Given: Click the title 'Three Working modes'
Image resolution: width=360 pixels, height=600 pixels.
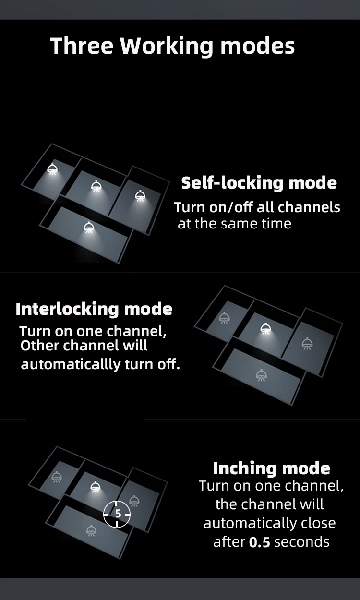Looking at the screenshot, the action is [172, 46].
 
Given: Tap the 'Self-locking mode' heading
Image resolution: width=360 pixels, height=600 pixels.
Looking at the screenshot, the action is [259, 183].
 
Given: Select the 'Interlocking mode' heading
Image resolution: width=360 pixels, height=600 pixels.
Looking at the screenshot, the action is [94, 310].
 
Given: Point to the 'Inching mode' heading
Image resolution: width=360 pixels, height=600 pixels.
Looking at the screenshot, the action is [271, 469].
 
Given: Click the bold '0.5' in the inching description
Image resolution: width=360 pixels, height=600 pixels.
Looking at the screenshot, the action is [259, 542].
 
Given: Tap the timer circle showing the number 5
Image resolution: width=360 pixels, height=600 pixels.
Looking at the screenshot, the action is [117, 514].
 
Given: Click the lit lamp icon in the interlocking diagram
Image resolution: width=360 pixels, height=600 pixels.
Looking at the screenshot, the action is [265, 328].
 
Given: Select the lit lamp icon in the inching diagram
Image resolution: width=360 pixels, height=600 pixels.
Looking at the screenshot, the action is [95, 487].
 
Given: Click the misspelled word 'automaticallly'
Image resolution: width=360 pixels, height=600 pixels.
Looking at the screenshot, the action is [71, 365].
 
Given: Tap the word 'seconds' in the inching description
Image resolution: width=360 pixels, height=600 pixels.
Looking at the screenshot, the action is [301, 542].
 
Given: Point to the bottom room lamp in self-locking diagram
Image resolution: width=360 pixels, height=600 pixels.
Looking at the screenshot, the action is [89, 227].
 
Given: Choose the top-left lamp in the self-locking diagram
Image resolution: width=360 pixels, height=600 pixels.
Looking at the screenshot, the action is [52, 169].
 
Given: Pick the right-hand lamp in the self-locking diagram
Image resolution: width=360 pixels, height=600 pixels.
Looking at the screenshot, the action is [139, 196].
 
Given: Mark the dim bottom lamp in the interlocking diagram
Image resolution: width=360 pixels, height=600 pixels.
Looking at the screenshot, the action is [261, 375].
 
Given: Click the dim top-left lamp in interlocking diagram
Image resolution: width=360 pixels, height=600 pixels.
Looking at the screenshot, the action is [224, 318].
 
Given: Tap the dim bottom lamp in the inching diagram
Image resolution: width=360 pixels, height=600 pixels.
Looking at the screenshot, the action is [91, 530].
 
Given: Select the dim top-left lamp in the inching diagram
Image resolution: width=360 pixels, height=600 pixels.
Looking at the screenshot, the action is [56, 477].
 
